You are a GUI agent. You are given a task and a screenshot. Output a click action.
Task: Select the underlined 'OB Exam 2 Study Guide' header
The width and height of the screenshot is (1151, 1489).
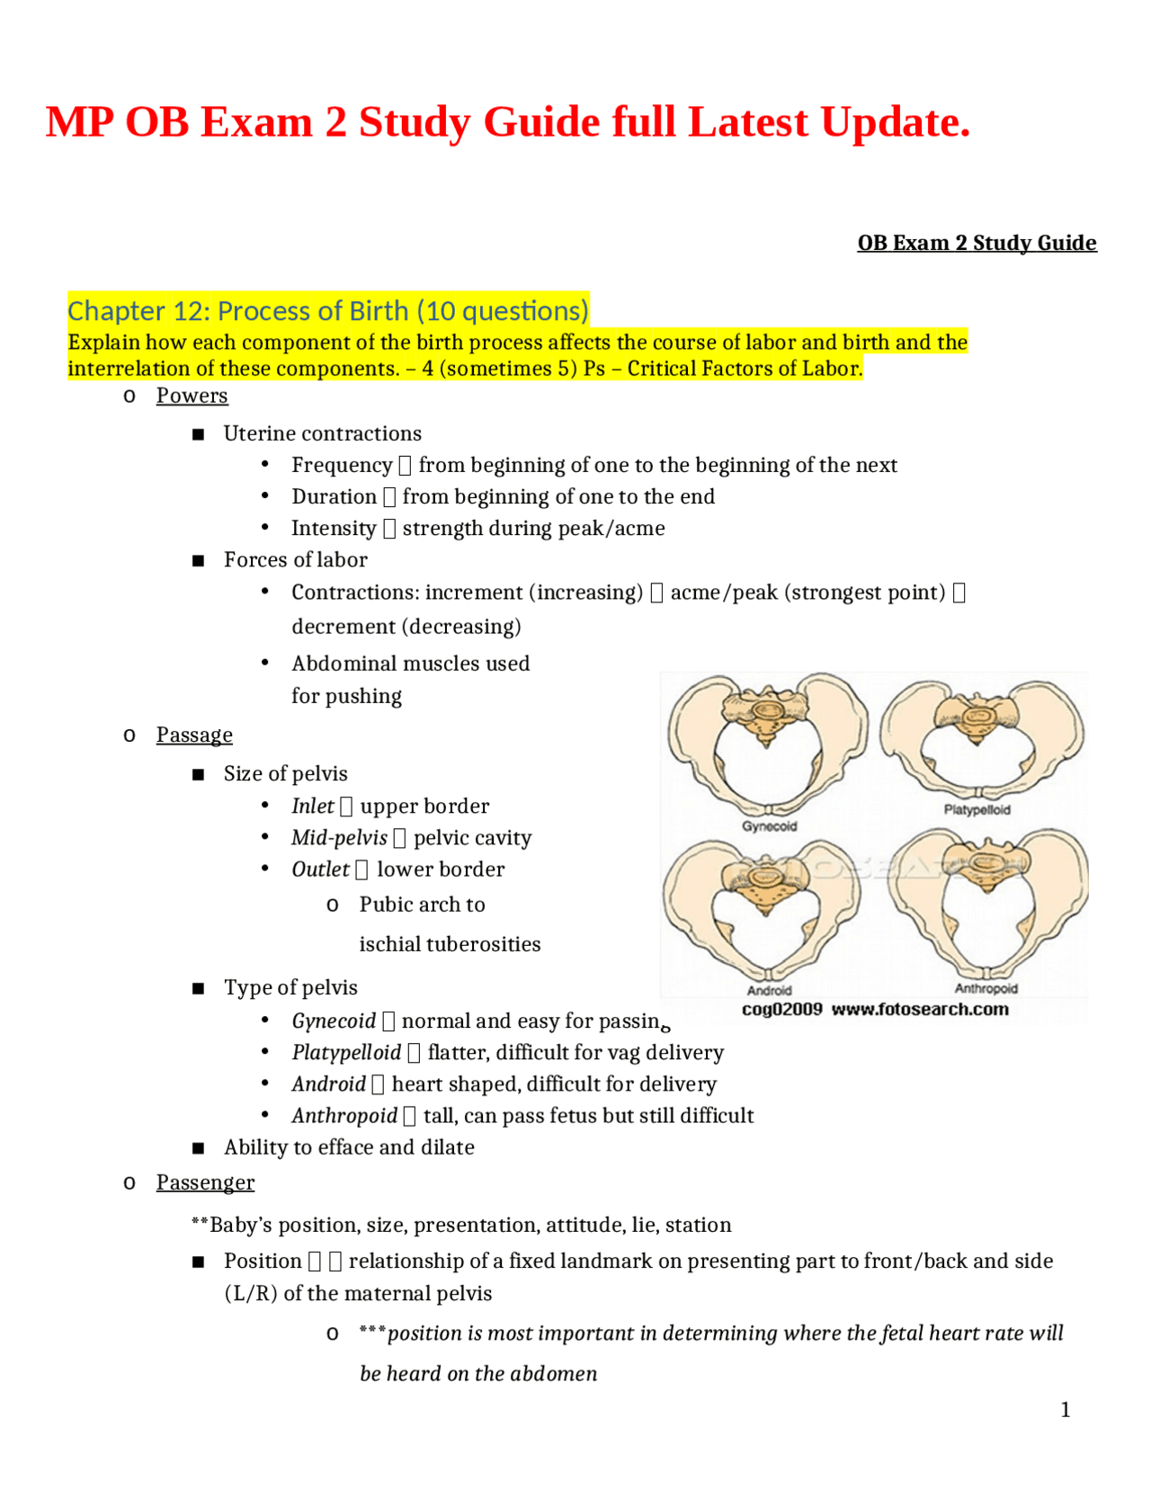(x=977, y=243)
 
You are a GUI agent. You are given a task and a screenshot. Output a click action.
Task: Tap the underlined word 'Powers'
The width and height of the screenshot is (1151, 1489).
(x=192, y=396)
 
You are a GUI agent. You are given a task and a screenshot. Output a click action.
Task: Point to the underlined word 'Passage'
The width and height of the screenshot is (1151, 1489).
(x=194, y=735)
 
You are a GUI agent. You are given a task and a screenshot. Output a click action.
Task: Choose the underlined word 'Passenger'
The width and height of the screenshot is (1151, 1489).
(x=205, y=1182)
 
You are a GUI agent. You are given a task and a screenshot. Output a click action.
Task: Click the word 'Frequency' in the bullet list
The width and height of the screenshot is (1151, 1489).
(x=342, y=465)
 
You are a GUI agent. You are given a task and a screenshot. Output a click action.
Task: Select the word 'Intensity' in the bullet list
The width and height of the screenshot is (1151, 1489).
(x=334, y=529)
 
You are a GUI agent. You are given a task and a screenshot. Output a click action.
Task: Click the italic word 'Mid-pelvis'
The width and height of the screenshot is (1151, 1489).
(x=339, y=838)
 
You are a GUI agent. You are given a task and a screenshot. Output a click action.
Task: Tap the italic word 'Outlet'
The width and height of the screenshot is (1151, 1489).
(x=320, y=869)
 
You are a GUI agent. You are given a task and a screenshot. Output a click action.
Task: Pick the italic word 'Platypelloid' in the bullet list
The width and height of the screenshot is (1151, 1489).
(x=346, y=1052)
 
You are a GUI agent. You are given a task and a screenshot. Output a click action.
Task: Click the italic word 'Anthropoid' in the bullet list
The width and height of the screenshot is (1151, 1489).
(x=344, y=1116)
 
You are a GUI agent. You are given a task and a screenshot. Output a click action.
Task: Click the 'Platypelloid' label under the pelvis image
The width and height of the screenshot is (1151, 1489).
(x=977, y=810)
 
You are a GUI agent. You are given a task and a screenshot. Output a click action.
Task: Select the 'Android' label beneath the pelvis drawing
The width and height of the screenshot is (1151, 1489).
(x=769, y=990)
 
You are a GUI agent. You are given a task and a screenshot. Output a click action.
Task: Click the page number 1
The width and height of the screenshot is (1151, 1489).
(x=1066, y=1410)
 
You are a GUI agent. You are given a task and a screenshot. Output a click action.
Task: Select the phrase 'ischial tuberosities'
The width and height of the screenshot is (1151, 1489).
(x=450, y=944)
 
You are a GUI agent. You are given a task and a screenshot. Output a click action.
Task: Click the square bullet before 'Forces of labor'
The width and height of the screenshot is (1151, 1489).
(x=199, y=561)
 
